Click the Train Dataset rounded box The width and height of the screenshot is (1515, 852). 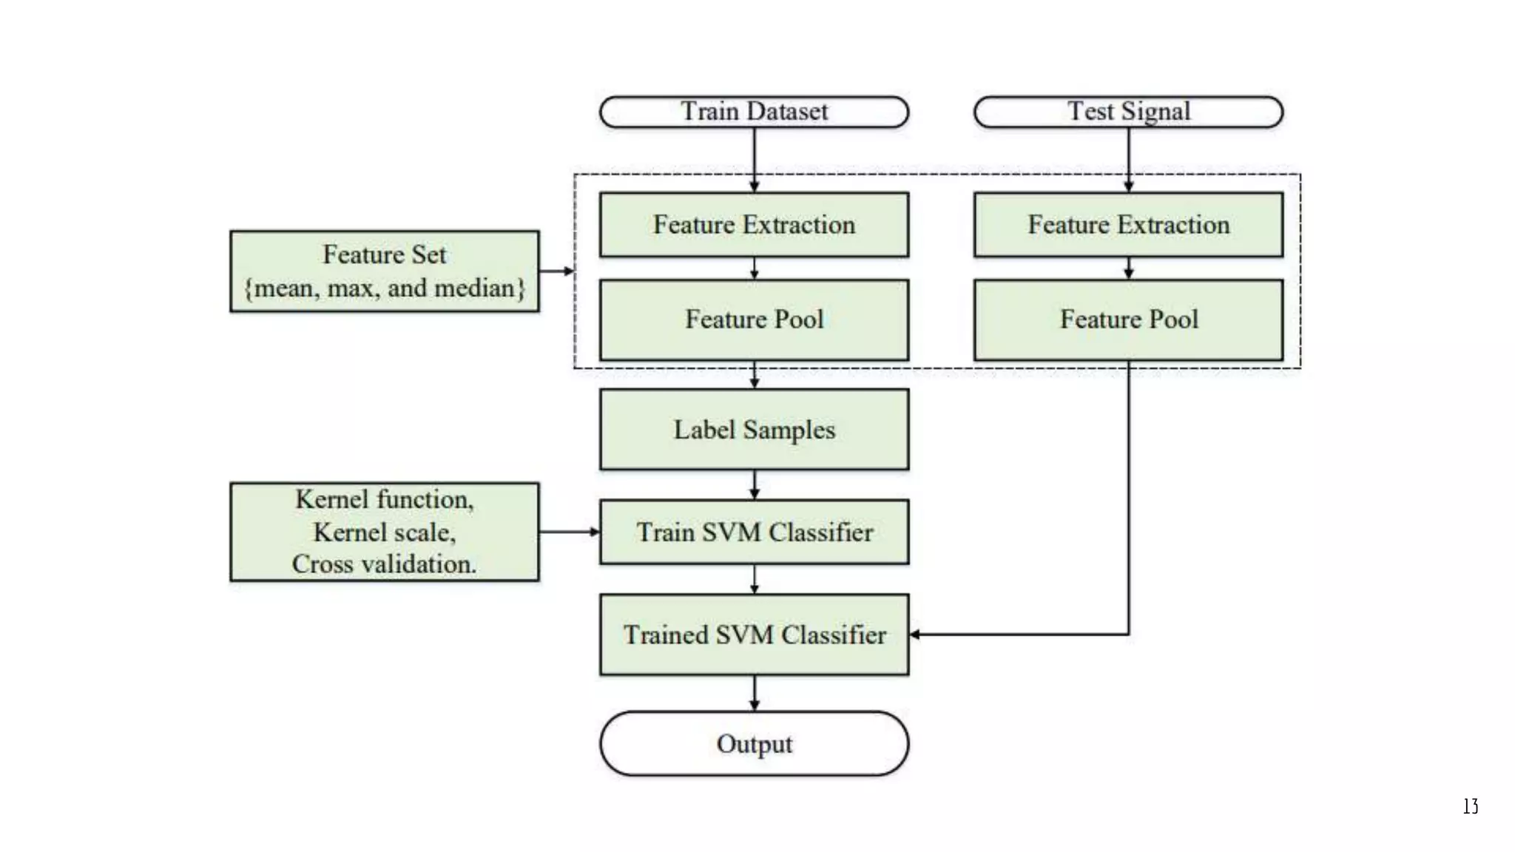pyautogui.click(x=754, y=112)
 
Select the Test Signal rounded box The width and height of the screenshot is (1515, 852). pyautogui.click(x=1128, y=112)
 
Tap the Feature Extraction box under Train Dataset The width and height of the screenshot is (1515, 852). pyautogui.click(x=754, y=225)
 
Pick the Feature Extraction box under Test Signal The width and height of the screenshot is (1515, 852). pyautogui.click(x=1128, y=225)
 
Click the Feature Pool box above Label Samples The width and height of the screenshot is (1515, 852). pyautogui.click(x=754, y=319)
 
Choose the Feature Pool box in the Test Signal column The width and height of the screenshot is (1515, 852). pyautogui.click(x=1128, y=319)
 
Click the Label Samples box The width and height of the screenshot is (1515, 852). pyautogui.click(x=754, y=430)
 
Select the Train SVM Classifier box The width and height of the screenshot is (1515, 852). pyautogui.click(x=754, y=532)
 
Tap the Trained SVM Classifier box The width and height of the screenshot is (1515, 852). pyautogui.click(x=754, y=635)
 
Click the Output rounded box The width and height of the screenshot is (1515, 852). pyautogui.click(x=754, y=743)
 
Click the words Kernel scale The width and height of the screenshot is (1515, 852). pyautogui.click(x=384, y=532)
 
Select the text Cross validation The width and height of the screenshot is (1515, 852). pyautogui.click(x=384, y=564)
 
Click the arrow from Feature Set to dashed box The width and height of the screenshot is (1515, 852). pyautogui.click(x=556, y=271)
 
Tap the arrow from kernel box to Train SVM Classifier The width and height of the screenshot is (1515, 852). pyautogui.click(x=569, y=532)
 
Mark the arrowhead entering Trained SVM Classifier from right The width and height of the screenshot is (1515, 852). pyautogui.click(x=915, y=635)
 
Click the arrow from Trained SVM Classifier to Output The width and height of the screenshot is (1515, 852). pyautogui.click(x=754, y=693)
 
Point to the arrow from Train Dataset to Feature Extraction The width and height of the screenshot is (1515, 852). pyautogui.click(x=754, y=159)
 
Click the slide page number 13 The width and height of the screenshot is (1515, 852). pyautogui.click(x=1470, y=806)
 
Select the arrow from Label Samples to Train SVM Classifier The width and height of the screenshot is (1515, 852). pyautogui.click(x=754, y=484)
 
